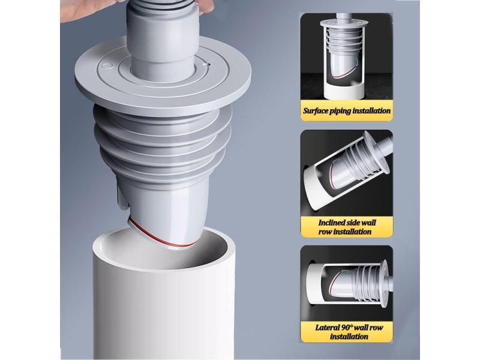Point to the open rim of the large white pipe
click(x=162, y=240)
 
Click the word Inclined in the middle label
click(x=332, y=222)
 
